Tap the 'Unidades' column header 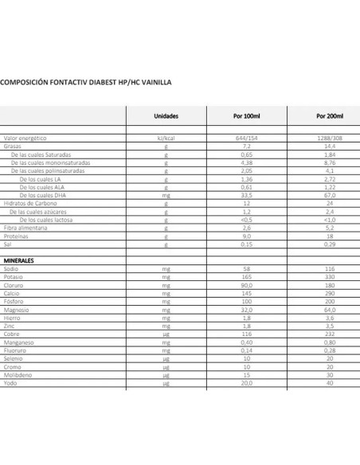click(x=166, y=115)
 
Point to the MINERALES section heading click(x=21, y=260)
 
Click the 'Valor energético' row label click(x=23, y=139)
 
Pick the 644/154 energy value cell click(x=247, y=139)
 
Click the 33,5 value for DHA click(x=247, y=195)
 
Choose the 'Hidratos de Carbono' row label click(x=28, y=204)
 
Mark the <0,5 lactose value click(x=247, y=220)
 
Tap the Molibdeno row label click(x=19, y=374)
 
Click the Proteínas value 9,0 click(x=247, y=236)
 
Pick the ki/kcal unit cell click(x=166, y=139)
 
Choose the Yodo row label click(x=12, y=383)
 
